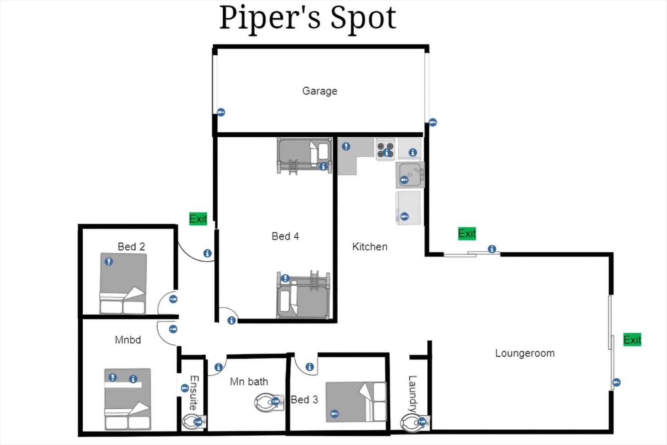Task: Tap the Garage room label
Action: coord(320,91)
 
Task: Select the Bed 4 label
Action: coord(285,236)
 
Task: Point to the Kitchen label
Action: coord(370,247)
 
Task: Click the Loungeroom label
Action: coord(525,353)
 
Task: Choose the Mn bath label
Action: coord(249,382)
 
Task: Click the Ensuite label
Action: coord(194,393)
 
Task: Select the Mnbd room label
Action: coord(128,340)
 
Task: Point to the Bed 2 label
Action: coord(131,246)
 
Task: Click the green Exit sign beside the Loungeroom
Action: coord(632,340)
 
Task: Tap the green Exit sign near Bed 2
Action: coord(198,219)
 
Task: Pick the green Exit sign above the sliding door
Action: coord(467,233)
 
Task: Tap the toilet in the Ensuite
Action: coord(194,422)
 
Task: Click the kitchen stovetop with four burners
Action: coord(385,150)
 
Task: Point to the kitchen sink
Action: coord(410,175)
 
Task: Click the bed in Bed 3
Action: coord(356,402)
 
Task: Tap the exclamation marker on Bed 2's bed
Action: coord(109,261)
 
